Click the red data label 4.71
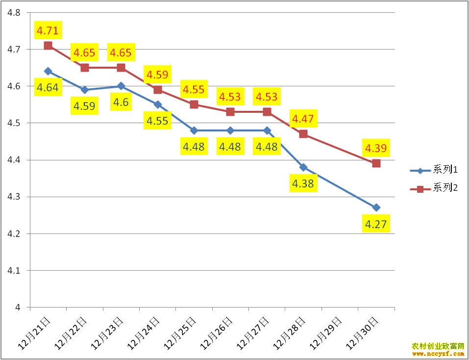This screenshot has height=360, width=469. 48,31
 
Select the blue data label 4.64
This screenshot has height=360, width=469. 48,88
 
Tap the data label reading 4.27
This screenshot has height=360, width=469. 376,225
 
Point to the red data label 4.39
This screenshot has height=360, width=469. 376,148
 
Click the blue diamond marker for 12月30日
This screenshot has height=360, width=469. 376,207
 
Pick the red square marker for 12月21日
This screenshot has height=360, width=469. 48,46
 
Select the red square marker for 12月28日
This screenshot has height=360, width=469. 303,134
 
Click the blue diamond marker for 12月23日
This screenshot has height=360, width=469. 121,86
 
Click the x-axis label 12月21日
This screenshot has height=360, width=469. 34,333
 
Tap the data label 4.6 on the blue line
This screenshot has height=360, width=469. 121,103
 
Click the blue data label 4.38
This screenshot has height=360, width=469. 303,184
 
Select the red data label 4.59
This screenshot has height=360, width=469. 157,75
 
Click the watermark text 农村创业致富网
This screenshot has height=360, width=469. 438,346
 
